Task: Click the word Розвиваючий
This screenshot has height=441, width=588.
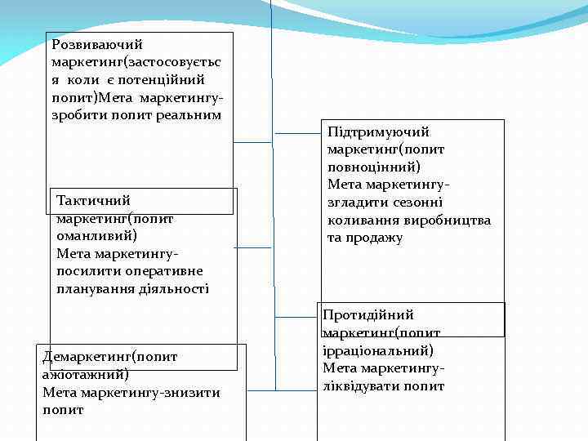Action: click(x=96, y=44)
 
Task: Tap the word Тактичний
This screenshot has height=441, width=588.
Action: click(x=94, y=200)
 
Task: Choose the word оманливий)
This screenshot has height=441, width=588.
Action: click(x=91, y=235)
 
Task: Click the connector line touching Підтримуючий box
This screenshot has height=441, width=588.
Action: click(x=296, y=132)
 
